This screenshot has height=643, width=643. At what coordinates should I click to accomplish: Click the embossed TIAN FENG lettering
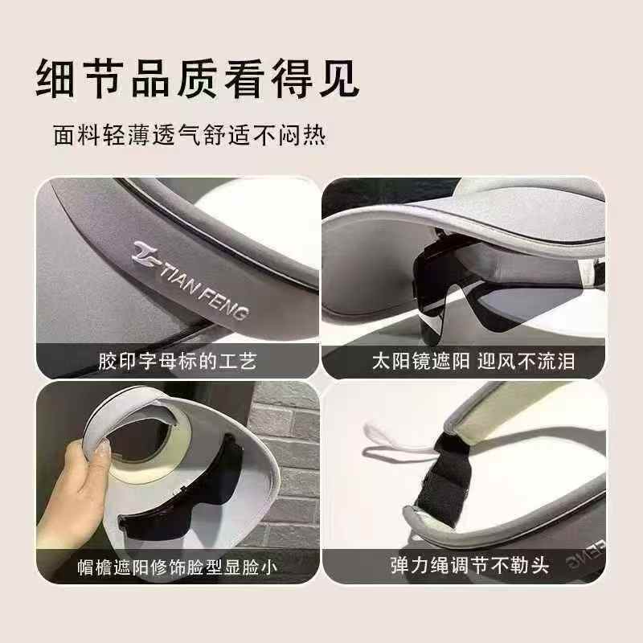(205, 285)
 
